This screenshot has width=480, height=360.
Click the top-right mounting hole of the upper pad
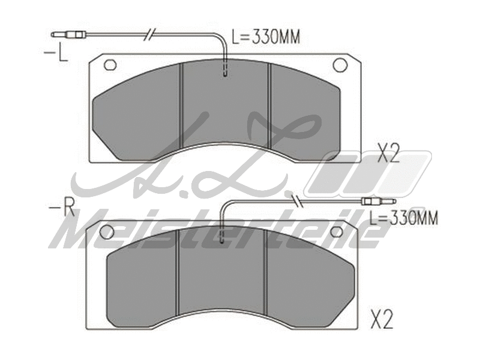[x=340, y=64]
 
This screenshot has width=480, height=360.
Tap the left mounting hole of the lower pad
[x=107, y=232]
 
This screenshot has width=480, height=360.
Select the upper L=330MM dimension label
[x=265, y=38]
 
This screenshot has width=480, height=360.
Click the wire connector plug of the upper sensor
[x=69, y=35]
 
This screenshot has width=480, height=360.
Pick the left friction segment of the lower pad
[x=142, y=282]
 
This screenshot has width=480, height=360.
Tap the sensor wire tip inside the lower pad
[x=222, y=240]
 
